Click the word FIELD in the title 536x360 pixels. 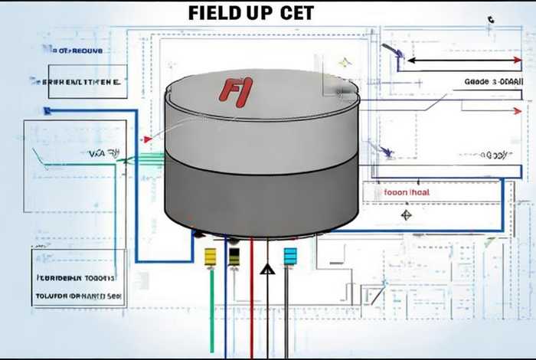click(x=214, y=13)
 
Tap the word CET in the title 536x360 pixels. click(x=292, y=13)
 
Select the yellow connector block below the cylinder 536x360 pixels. click(x=211, y=256)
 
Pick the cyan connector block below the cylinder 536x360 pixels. click(x=289, y=256)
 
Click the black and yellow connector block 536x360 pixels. click(x=234, y=256)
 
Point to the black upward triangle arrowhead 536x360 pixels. click(x=266, y=269)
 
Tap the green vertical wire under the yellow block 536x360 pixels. click(x=211, y=314)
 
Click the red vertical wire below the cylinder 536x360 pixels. click(x=251, y=306)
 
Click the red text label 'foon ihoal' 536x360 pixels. click(x=406, y=193)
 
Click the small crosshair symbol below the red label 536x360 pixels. click(x=406, y=215)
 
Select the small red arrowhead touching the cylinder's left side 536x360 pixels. click(x=147, y=139)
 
